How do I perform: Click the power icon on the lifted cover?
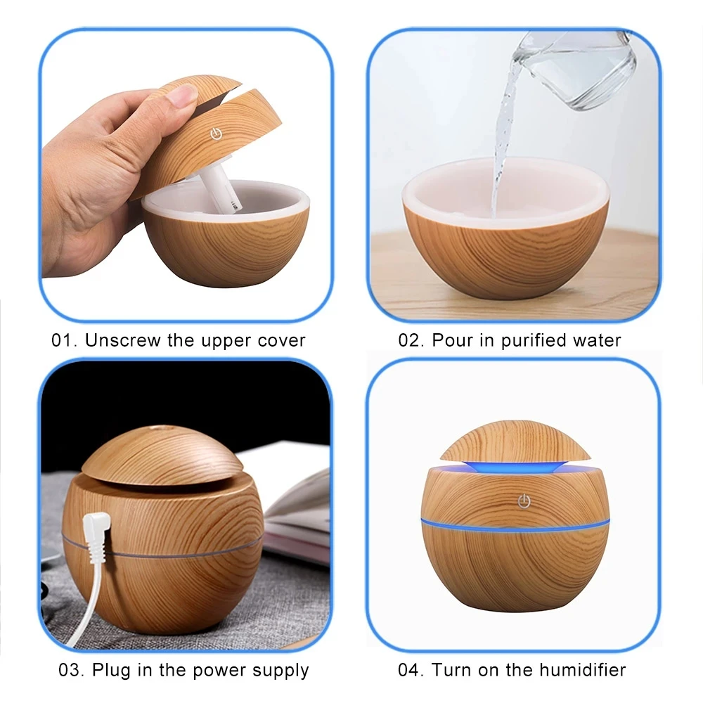tap(216, 133)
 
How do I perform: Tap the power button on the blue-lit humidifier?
tap(522, 501)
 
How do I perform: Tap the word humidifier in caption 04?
tap(576, 670)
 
